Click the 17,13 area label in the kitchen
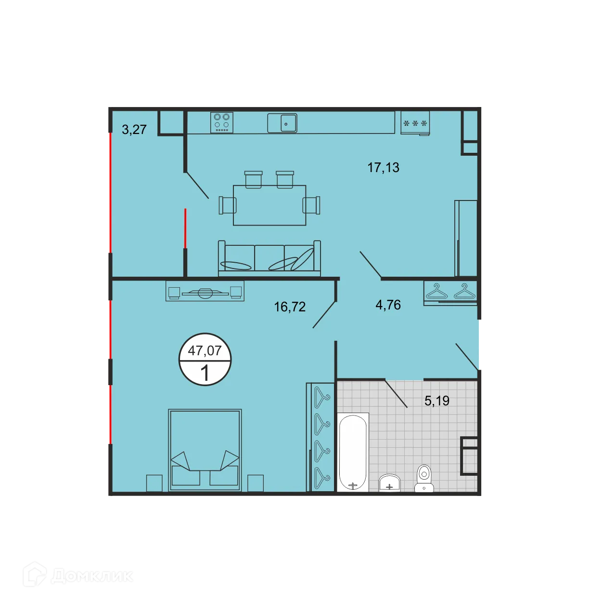click(383, 167)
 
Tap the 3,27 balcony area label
click(134, 129)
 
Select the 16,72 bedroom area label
click(290, 307)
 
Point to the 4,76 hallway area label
click(388, 305)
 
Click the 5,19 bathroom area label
click(437, 401)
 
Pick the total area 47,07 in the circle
click(205, 350)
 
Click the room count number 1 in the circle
click(205, 373)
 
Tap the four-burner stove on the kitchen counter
click(222, 122)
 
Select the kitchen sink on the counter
click(282, 123)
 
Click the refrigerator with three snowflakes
click(415, 123)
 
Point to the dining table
click(269, 205)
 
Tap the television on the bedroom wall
click(205, 292)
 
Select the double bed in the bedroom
click(205, 450)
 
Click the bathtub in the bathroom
click(353, 452)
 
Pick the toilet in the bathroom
click(424, 478)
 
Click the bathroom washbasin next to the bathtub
click(389, 482)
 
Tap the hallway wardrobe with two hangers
click(450, 292)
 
